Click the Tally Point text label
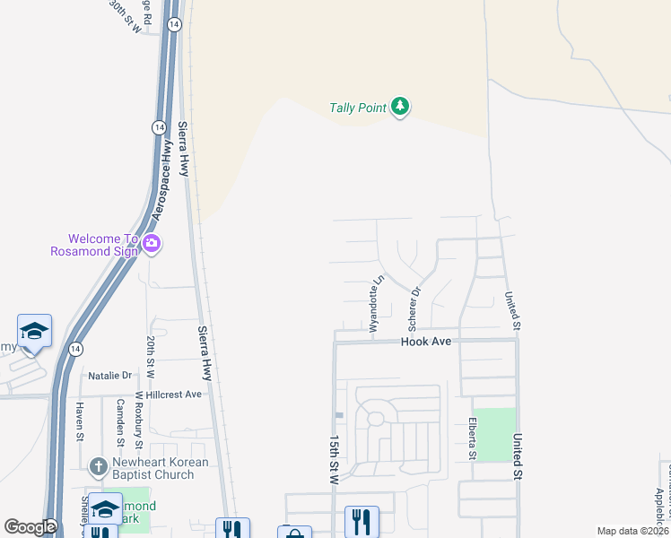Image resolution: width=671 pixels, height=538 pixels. coord(357,108)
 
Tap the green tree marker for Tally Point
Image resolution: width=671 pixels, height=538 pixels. coord(400,108)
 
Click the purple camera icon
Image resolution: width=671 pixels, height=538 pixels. coord(152,243)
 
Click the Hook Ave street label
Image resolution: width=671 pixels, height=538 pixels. coord(425,343)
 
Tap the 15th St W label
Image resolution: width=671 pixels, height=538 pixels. coord(334,460)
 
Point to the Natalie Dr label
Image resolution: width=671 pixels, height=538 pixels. coord(109,376)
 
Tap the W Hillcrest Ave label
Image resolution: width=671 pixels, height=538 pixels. coord(168,395)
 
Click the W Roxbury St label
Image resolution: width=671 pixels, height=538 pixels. coord(139,421)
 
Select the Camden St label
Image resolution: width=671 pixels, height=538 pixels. coord(119,421)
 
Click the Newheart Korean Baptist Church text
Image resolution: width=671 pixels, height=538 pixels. coord(160,468)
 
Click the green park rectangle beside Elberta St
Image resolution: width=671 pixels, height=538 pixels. coord(494,435)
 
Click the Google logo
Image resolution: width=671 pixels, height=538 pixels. coord(30,527)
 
